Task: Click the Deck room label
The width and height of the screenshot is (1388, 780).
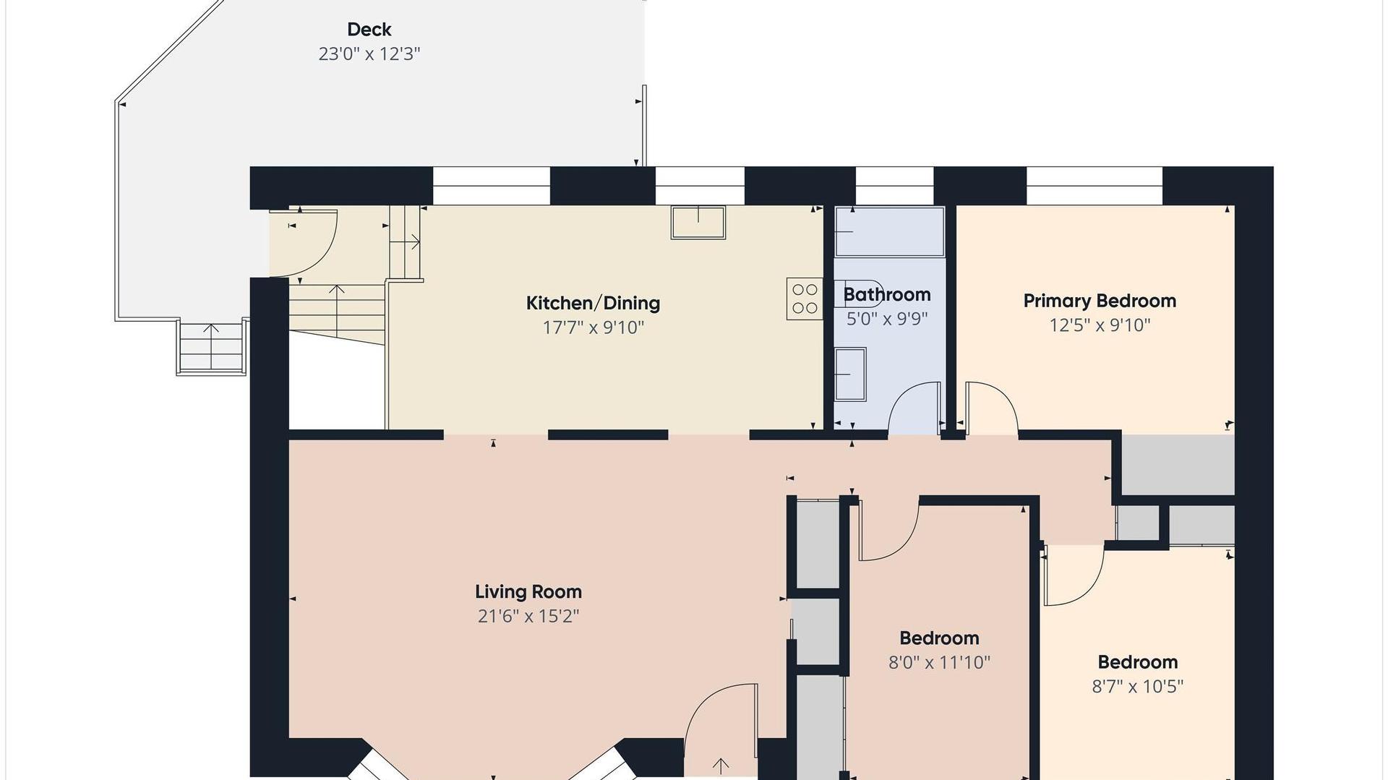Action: (x=369, y=30)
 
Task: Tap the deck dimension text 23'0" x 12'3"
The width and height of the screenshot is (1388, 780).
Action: (x=369, y=54)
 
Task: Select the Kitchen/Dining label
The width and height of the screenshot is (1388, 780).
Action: (x=593, y=303)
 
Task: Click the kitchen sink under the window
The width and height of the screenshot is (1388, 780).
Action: (x=698, y=222)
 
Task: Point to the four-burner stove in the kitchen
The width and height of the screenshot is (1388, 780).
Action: (x=805, y=299)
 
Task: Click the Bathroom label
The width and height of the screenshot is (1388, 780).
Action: (x=886, y=295)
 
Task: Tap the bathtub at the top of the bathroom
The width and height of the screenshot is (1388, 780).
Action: (x=890, y=231)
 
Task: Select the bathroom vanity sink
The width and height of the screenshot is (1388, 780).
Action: (x=851, y=374)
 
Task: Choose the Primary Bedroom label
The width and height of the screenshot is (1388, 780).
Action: (x=1100, y=301)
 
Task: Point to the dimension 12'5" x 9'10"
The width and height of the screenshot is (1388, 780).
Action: (x=1100, y=325)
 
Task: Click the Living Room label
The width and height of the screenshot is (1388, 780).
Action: (x=528, y=592)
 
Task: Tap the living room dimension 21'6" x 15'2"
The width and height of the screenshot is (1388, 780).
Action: (x=528, y=617)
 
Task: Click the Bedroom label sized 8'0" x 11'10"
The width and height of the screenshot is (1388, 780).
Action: (x=939, y=638)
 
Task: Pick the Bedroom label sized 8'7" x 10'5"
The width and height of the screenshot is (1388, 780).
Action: (x=1137, y=662)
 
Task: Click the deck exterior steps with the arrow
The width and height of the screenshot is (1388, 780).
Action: (x=211, y=347)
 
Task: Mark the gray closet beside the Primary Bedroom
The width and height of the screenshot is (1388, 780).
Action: (x=1178, y=465)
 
